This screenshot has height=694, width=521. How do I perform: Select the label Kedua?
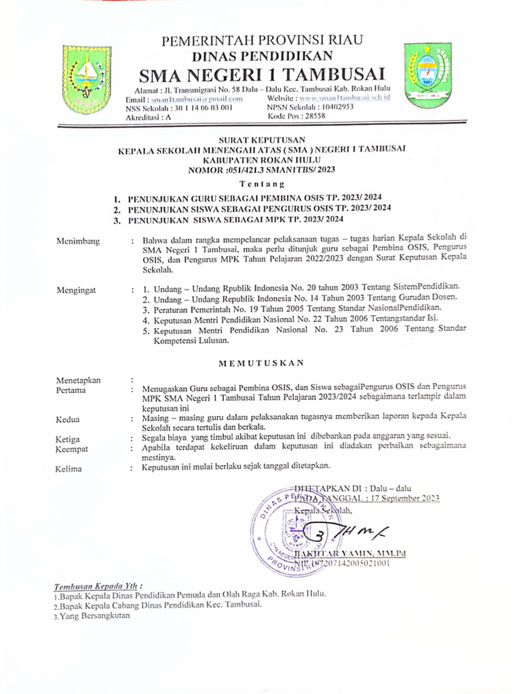pyautogui.click(x=69, y=420)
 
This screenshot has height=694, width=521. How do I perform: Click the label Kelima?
pyautogui.click(x=70, y=468)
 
